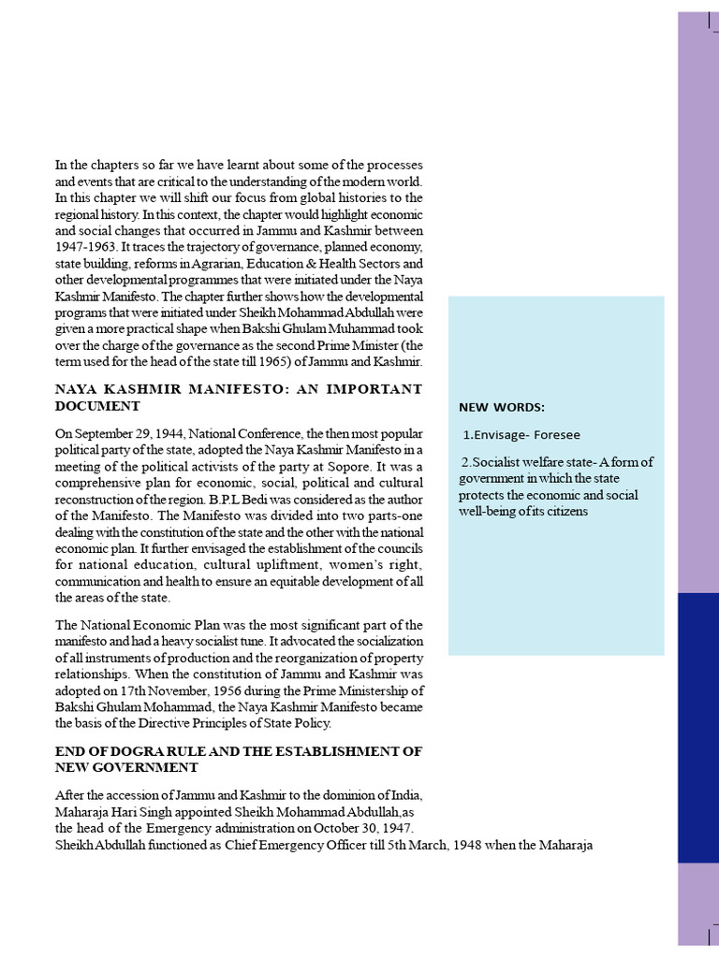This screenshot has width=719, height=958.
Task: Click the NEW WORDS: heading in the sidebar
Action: click(x=502, y=407)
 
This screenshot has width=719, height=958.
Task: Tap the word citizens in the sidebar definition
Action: click(x=561, y=512)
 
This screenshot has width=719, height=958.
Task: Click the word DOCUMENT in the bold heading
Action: click(x=97, y=407)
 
